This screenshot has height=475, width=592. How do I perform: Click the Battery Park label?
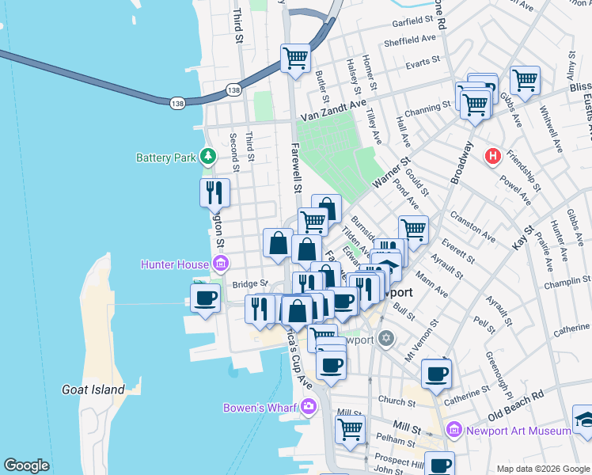click(165, 158)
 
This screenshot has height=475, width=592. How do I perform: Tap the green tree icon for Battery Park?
click(208, 157)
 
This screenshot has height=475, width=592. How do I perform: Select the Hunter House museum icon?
click(221, 264)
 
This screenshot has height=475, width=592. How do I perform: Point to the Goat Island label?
click(93, 389)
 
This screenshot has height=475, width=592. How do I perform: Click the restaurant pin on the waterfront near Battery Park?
click(214, 192)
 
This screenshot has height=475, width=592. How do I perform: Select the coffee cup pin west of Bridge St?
click(206, 298)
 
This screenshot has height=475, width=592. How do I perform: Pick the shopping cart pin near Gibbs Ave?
click(525, 80)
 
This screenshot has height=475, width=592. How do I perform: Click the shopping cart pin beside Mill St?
click(351, 430)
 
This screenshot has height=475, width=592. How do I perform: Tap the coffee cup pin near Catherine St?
click(436, 374)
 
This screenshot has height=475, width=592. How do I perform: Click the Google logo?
click(27, 465)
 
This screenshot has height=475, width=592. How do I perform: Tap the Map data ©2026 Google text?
click(542, 468)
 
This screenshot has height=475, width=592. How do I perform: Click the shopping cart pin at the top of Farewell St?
click(295, 57)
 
